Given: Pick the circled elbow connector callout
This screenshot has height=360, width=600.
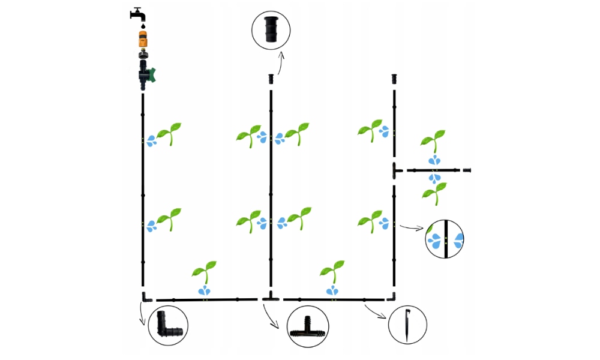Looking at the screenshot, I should point(167,325).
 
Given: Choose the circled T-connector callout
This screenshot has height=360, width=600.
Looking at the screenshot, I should point(307,328).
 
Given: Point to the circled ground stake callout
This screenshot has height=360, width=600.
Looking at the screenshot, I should point(407,326).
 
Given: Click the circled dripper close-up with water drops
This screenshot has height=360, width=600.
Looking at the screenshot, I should point(445,239).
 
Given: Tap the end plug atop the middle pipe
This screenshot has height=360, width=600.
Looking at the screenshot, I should point(271,79).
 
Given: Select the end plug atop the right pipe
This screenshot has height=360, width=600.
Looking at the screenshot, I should point(394,79).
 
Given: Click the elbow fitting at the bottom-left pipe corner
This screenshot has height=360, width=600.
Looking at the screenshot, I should point(146,297).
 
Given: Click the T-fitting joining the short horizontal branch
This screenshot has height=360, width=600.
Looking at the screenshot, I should point(396,170).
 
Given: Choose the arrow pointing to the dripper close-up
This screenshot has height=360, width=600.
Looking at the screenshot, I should point(412,228).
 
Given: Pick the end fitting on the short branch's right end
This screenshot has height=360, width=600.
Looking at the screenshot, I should point(467,171).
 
